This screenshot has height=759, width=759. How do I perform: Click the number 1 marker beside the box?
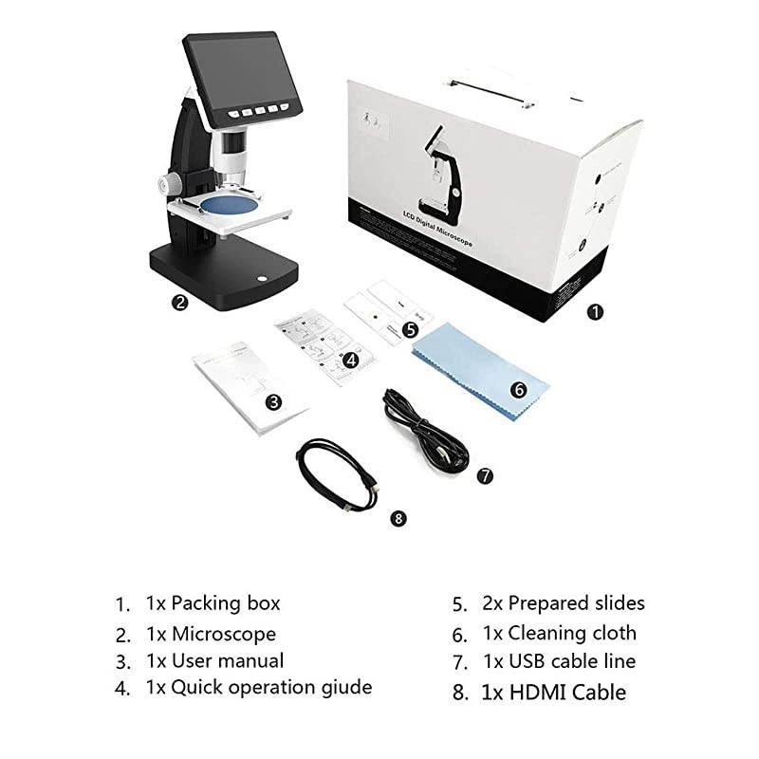595,310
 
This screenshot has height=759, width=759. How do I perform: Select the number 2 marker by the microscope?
178,304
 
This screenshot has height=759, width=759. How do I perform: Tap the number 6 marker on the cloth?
518,389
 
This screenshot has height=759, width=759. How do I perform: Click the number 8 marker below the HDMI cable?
398,518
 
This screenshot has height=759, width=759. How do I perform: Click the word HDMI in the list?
537,692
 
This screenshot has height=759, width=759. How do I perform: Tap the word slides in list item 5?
615,602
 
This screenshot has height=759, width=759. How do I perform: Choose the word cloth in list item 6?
608,633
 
